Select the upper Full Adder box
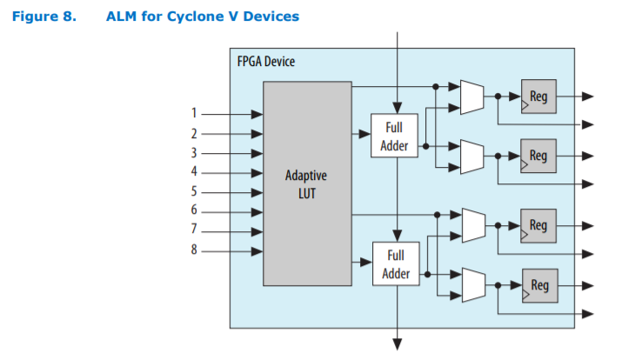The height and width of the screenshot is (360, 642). point(394,136)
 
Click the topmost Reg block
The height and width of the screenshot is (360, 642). point(538,97)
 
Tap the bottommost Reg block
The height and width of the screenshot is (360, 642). point(539,285)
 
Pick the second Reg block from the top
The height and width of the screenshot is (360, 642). point(538,157)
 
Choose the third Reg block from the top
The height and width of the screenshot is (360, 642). point(538,225)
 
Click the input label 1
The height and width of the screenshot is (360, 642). point(195,113)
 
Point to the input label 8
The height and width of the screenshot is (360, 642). point(195,251)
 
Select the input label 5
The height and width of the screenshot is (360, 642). point(195,191)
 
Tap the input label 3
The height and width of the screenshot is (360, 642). point(195,153)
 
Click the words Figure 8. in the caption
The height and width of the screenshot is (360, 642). point(39,17)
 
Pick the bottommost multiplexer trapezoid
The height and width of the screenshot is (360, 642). point(471,285)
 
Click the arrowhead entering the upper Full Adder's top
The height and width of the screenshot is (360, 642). point(398,108)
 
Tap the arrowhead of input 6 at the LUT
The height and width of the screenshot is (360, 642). point(257,211)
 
